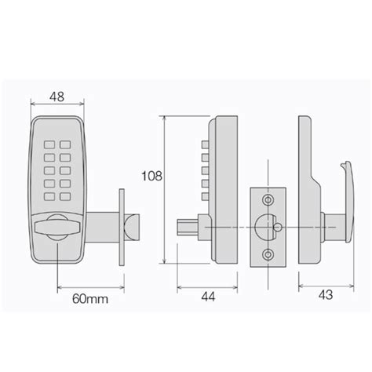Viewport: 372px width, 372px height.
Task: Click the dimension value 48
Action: click(x=58, y=96)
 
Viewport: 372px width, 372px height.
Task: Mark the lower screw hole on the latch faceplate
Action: click(x=268, y=254)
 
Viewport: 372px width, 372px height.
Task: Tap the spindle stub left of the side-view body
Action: click(x=189, y=228)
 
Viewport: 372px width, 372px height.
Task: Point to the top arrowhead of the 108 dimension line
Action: click(x=164, y=119)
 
